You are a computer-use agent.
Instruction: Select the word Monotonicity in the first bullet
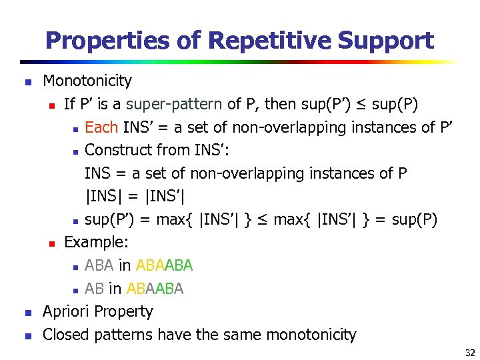click(87, 81)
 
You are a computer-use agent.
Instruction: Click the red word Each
click(101, 127)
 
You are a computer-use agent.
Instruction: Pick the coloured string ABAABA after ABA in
click(164, 266)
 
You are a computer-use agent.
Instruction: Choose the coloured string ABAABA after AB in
click(155, 289)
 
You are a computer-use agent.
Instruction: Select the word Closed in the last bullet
click(66, 335)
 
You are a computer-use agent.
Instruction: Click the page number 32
click(469, 353)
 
